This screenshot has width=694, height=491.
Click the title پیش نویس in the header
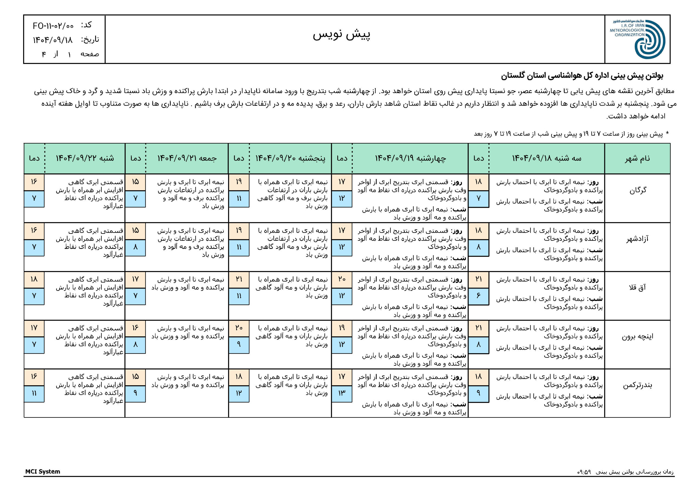(x=341, y=34)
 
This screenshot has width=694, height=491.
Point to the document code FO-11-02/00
(x=53, y=26)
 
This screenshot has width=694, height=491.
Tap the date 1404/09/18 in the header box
(x=53, y=40)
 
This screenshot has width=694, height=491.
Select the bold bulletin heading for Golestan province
(x=582, y=76)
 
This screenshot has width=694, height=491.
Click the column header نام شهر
(x=637, y=158)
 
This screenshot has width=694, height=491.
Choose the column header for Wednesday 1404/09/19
(x=410, y=158)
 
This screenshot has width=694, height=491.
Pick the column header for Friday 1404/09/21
(x=187, y=158)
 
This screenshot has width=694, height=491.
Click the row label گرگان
(x=637, y=190)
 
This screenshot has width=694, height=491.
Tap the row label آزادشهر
(x=637, y=239)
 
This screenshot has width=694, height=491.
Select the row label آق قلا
(x=637, y=288)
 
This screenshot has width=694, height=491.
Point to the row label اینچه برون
(x=637, y=336)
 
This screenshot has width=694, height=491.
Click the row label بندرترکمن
(x=637, y=385)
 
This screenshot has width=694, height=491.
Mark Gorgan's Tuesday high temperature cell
(x=478, y=182)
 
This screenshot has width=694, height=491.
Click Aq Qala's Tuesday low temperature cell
(x=478, y=296)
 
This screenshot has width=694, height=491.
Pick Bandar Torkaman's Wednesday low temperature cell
(x=342, y=393)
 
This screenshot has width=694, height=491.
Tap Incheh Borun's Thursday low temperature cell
(x=239, y=344)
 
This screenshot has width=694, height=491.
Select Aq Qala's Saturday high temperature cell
(x=34, y=279)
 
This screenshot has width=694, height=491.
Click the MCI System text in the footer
(x=43, y=471)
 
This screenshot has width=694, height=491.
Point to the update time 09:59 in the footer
(x=584, y=472)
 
